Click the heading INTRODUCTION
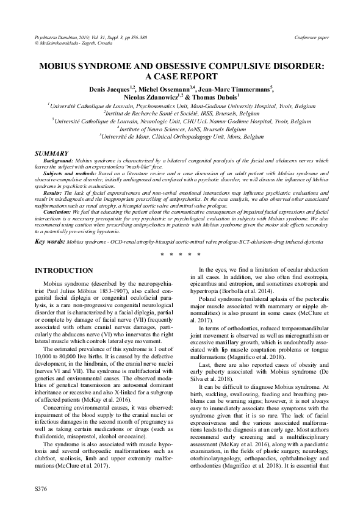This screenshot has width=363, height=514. point(64,270)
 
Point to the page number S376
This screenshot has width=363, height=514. point(43,490)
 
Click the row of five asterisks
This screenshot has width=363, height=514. point(181,253)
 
